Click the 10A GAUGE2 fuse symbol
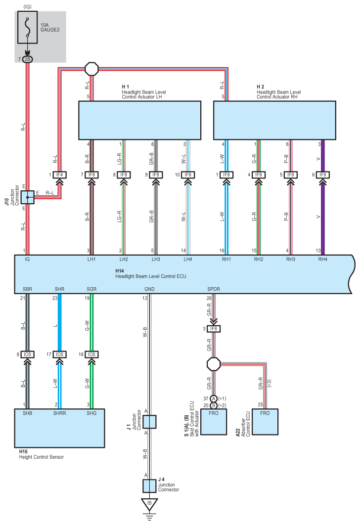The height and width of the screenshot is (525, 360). click(28, 29)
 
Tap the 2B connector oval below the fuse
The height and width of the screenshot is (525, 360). click(28, 59)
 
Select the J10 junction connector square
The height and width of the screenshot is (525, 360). click(28, 197)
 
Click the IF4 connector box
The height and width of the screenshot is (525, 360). click(60, 175)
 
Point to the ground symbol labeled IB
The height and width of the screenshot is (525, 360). click(149, 505)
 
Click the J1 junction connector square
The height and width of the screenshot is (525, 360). click(149, 422)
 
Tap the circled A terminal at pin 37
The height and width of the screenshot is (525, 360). click(214, 398)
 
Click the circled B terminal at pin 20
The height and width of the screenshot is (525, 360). click(214, 405)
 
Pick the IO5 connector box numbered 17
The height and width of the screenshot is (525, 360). click(59, 354)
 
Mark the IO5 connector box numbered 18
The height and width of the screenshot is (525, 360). click(91, 354)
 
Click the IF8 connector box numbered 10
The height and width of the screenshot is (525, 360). click(187, 175)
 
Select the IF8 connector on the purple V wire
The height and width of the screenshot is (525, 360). click(322, 175)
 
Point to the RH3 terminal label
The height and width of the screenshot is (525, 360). click(291, 259)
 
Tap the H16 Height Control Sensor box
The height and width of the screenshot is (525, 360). click(59, 428)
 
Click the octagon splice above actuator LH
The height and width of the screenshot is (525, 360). click(92, 68)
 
